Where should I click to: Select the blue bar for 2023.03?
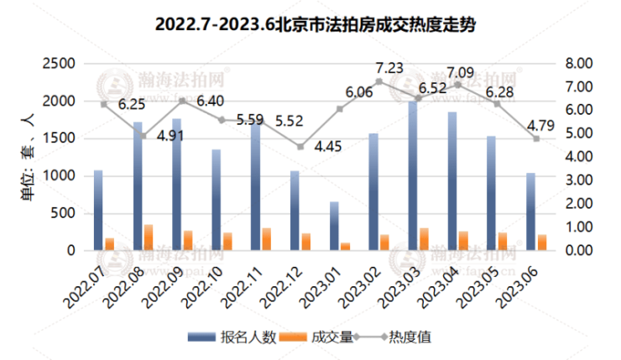click(x=412, y=176)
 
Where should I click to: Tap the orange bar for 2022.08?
click(x=149, y=237)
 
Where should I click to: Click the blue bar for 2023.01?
click(x=334, y=226)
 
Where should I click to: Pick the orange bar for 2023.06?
click(x=541, y=242)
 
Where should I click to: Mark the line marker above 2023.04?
click(x=457, y=85)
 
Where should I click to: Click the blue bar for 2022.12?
click(x=294, y=211)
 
